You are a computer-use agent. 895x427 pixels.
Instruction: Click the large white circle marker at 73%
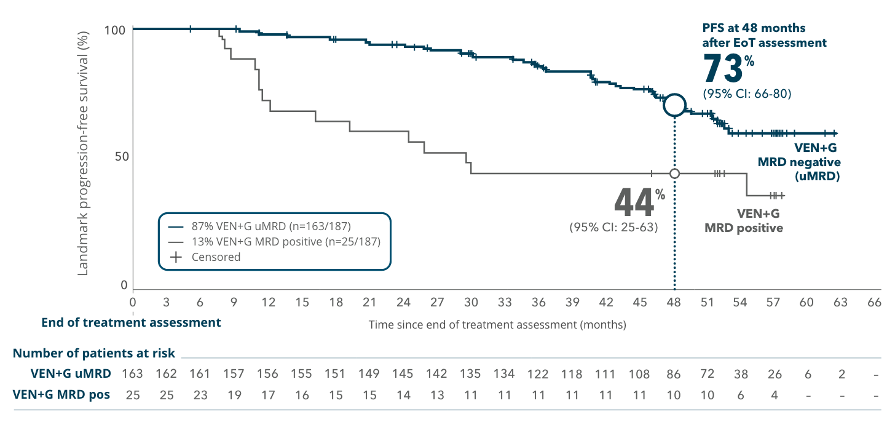point(674,105)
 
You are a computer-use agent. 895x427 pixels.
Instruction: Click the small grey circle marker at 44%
point(674,174)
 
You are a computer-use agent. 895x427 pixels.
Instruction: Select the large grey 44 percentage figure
point(635,201)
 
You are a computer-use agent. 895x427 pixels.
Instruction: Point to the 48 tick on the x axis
point(674,302)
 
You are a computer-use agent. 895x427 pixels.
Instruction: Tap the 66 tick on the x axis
point(873,302)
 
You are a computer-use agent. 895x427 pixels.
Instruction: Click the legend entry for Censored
point(215,257)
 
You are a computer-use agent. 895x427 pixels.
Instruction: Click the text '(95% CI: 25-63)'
point(614,226)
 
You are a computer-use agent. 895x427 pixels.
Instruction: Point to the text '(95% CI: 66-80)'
point(746,94)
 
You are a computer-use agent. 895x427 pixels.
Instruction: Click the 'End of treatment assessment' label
point(131,322)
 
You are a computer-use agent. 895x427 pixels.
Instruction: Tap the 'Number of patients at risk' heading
point(94,353)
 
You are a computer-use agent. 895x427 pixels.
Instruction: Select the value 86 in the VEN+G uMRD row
point(674,373)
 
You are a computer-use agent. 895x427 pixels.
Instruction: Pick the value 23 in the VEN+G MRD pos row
point(200,395)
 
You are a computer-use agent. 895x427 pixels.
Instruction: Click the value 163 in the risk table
point(133,373)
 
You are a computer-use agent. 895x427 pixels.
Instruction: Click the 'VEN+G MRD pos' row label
point(61,395)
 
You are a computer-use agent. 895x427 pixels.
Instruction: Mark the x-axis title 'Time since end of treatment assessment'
point(497,324)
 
